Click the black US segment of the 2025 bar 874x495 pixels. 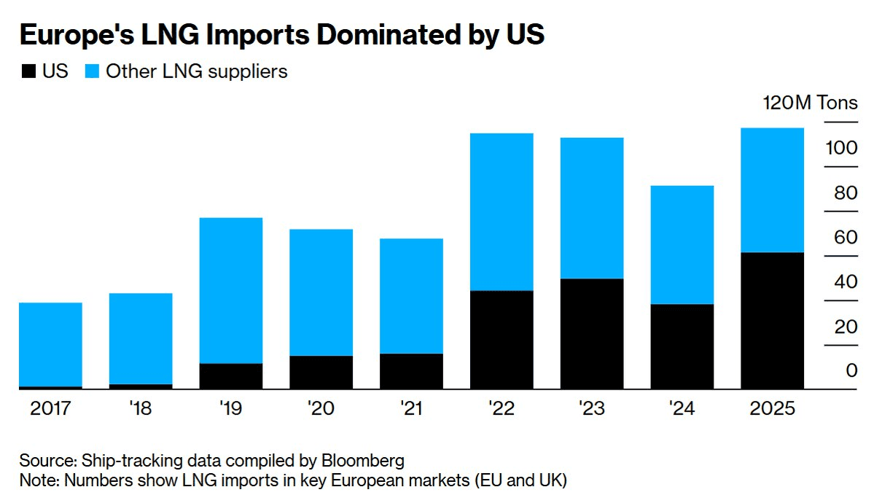coord(772,321)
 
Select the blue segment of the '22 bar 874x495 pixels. coord(502,211)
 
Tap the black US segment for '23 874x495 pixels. coord(592,334)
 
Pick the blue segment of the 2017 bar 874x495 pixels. coord(50,344)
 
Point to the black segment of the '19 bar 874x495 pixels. coord(230,376)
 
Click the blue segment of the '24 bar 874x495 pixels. coord(682,244)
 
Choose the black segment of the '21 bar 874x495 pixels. coord(411,371)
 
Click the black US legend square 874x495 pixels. coord(28,71)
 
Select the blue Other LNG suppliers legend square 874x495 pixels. coord(92,71)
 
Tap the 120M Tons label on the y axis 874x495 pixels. coord(810,102)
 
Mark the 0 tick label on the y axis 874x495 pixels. coord(851,370)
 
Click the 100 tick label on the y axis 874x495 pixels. coord(841,148)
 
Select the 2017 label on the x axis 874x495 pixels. coord(50,408)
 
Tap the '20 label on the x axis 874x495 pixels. coord(321,408)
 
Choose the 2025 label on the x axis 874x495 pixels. coord(772,408)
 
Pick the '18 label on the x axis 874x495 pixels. coord(140,408)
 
